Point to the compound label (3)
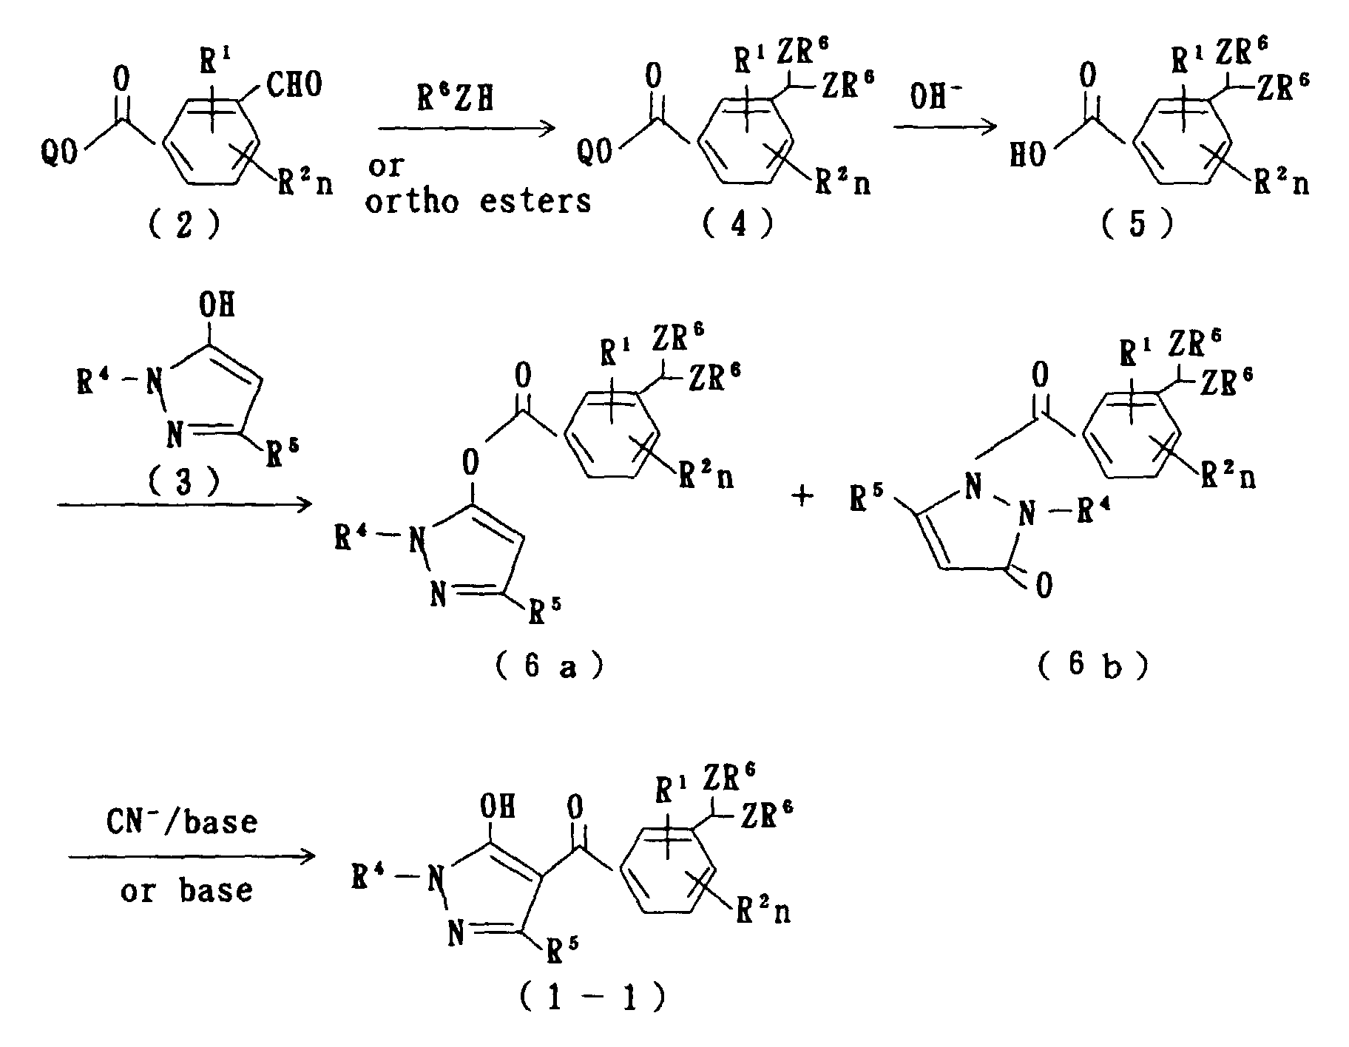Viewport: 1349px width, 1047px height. (x=183, y=482)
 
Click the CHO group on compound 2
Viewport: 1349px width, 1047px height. (x=294, y=85)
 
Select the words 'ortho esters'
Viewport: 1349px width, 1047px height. (x=479, y=201)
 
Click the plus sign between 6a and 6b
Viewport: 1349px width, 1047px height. (x=802, y=496)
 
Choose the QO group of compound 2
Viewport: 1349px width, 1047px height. (x=59, y=156)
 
